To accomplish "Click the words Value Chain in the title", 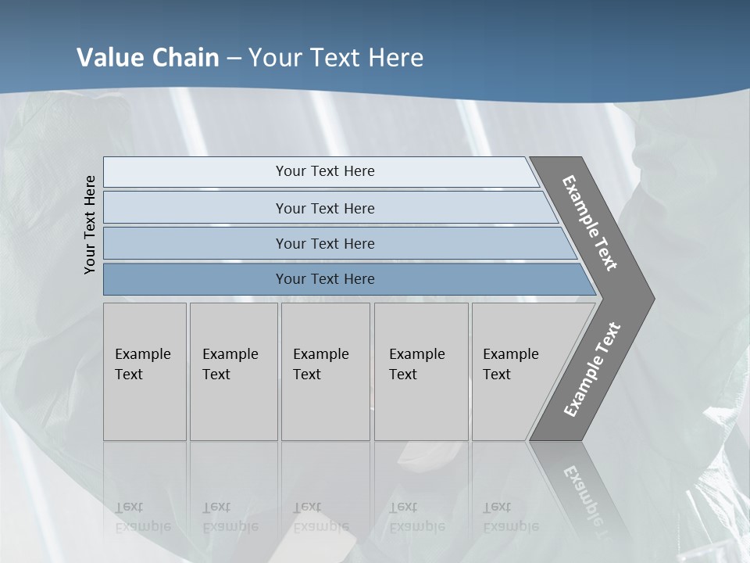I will point(148,58).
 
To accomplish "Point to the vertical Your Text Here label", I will point(91,225).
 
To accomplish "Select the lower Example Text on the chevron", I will point(591,370).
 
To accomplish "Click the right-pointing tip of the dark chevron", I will point(650,298).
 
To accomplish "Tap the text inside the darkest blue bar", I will point(325,279).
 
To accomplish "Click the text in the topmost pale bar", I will point(325,171).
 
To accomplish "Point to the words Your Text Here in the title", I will point(336,58).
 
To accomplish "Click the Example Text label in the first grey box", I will point(142,364).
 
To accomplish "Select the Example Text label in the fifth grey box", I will point(510,364).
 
